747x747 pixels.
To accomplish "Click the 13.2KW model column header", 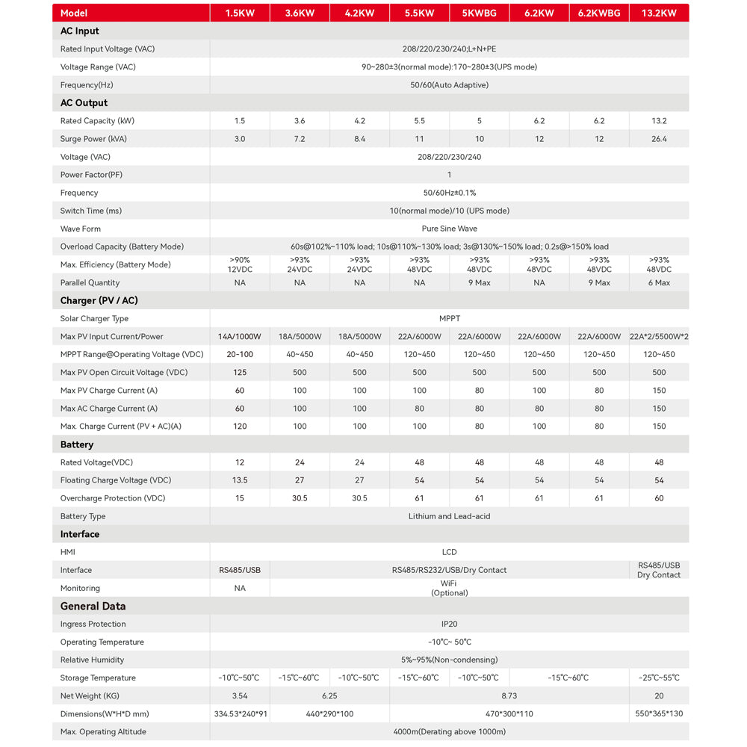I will point(658,13).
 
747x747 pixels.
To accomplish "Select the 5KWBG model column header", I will point(479,13).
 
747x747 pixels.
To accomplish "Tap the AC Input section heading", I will point(79,31).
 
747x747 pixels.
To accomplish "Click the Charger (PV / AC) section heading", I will point(99,300).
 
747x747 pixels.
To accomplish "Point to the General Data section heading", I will point(93,606).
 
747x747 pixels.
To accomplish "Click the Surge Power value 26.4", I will point(658,139).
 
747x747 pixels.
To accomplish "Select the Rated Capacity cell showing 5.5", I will point(419,121).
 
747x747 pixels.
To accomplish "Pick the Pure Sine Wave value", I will point(449,229).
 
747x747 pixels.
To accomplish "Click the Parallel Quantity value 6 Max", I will point(658,282).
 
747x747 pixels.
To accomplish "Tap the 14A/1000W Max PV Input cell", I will point(240,336).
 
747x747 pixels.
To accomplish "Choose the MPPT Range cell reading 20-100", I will point(240,354).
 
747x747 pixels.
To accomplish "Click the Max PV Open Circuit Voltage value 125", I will point(240,372).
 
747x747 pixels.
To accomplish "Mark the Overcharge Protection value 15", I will point(240,498).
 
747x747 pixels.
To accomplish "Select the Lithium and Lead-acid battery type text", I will point(449,516).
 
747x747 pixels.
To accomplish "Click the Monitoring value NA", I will point(240,588).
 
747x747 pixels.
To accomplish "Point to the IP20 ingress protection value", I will point(449,624).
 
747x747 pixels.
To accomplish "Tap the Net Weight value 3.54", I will point(240,695).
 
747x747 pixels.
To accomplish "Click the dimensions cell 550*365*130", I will point(658,713).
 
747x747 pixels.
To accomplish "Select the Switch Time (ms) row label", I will point(90,211).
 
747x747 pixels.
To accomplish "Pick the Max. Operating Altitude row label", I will point(103,731).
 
